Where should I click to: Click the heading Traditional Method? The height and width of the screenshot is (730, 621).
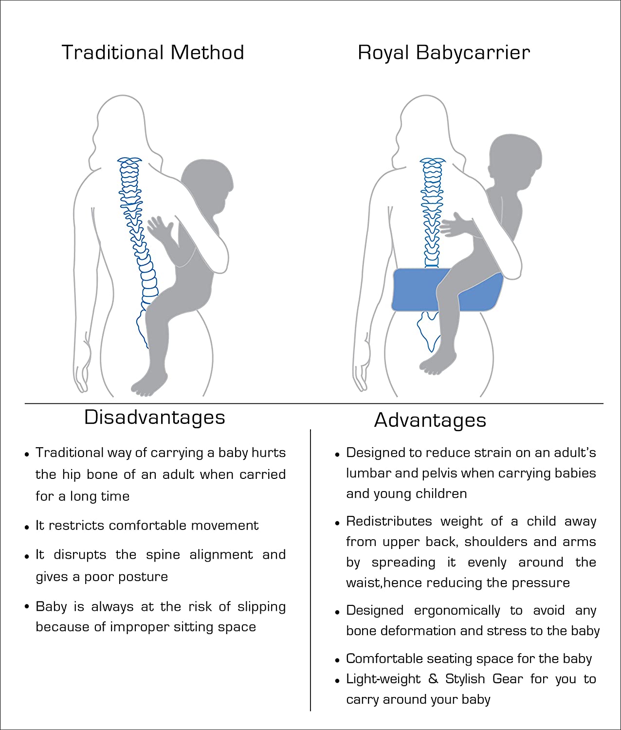153,52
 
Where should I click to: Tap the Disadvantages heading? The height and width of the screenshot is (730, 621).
154,418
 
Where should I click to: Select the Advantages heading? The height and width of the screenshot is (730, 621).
430,420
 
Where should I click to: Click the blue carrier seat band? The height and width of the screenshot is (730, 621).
448,290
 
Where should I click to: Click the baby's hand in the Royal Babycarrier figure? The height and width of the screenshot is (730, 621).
453,225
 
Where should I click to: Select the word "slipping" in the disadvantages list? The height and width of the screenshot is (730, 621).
261,607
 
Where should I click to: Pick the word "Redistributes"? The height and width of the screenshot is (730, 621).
389,521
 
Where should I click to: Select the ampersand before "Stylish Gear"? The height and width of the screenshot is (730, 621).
433,679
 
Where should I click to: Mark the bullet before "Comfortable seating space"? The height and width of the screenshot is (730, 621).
337,660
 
